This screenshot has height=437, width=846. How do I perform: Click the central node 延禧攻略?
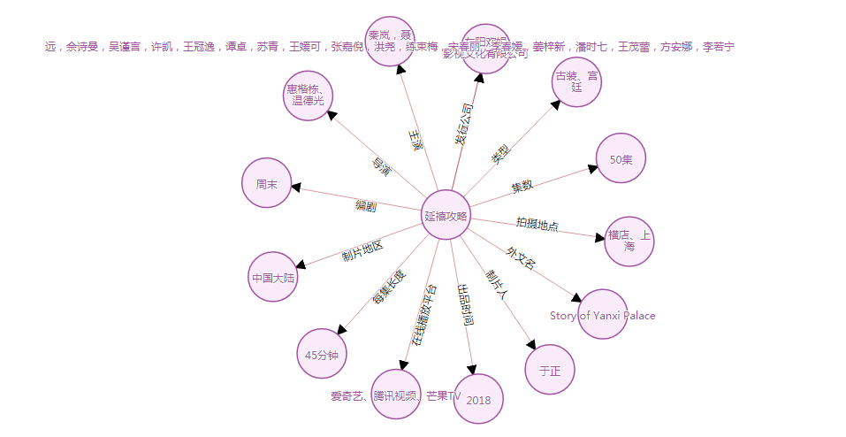[x=445, y=215]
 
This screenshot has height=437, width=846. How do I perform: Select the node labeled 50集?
[x=621, y=159]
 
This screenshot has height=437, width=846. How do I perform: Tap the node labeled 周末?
[x=267, y=184]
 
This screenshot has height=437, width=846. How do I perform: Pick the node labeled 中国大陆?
[x=273, y=277]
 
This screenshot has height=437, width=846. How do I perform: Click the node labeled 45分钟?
[x=323, y=354]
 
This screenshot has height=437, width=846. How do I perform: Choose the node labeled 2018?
[x=478, y=399]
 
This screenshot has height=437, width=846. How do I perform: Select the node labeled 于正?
[x=550, y=370]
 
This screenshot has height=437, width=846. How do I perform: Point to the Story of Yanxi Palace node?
[x=603, y=314]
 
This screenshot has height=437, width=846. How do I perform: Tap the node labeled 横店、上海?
[x=629, y=241]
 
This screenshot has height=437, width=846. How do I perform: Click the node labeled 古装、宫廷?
[x=576, y=82]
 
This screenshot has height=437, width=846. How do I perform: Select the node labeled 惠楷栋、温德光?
[x=307, y=95]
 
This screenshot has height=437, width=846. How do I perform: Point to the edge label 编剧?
[x=365, y=206]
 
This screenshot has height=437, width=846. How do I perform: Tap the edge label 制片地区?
[x=362, y=251]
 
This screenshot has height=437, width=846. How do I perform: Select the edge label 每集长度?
[x=388, y=287]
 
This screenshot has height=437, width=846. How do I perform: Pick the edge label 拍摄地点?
[x=537, y=224]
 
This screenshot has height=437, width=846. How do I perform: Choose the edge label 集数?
[x=522, y=187]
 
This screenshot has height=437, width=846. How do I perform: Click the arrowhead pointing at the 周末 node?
[x=297, y=188]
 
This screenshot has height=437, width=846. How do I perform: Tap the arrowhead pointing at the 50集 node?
[x=592, y=167]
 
